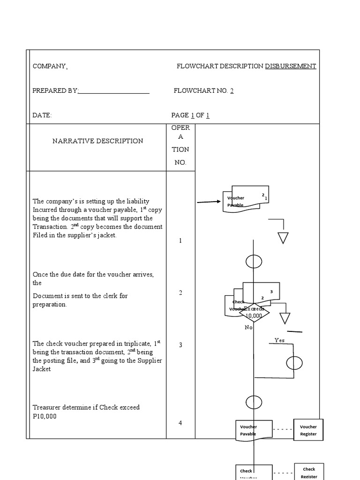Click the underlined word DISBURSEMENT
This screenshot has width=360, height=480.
pos(291,67)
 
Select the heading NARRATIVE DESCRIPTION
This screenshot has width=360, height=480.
pos(97,141)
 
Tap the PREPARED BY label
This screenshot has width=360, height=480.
pos(55,91)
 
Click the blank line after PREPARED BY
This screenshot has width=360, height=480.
pos(114,91)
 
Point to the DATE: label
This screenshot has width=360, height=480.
pos(42,115)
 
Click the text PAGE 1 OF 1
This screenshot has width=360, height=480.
pos(190,115)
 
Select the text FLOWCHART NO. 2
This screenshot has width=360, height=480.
pos(203,91)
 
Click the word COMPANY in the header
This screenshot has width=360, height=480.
pos(49,67)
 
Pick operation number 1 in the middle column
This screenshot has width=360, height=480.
pos(180,240)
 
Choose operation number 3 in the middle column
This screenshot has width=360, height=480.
pos(180,345)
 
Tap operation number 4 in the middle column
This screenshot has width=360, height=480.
pos(180,423)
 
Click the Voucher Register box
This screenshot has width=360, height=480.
pos(308,430)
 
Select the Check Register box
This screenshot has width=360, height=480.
pos(309,472)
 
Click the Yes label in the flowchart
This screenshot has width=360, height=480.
pos(279,340)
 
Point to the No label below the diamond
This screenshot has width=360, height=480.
pos(248,328)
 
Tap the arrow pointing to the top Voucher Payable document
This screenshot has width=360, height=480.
pos(209,202)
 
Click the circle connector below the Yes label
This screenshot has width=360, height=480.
pos(294,363)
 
